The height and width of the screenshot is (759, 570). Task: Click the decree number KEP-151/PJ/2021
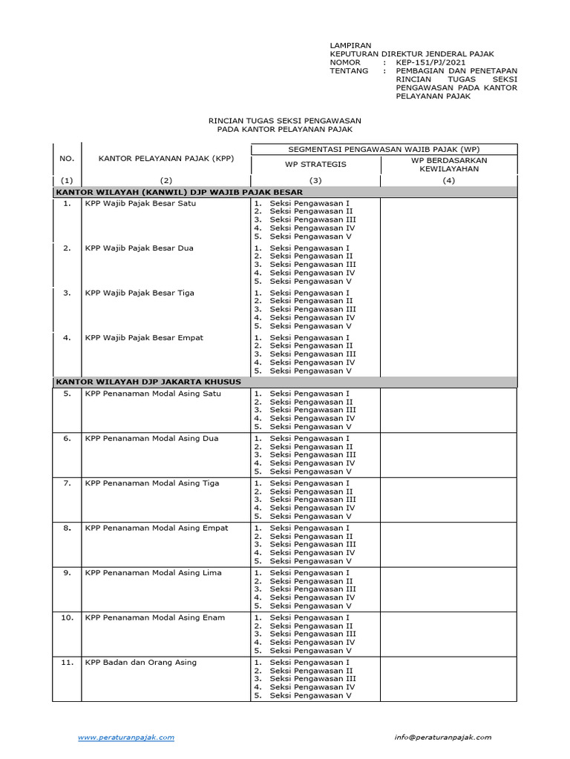tap(427, 63)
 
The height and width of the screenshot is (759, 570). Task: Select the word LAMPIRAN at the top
tap(350, 46)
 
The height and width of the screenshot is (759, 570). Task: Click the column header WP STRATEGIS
tap(316, 164)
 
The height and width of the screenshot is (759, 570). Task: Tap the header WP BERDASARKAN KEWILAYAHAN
tap(448, 164)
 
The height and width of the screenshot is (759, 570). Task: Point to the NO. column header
tap(67, 159)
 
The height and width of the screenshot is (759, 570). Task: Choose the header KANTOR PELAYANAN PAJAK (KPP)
tap(166, 159)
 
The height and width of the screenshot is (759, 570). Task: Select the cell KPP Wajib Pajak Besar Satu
tap(140, 203)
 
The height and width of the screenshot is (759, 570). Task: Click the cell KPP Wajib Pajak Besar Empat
tap(144, 337)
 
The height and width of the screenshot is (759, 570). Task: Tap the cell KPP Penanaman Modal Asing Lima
tap(153, 573)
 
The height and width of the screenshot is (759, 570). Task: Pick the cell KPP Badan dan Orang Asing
tap(141, 662)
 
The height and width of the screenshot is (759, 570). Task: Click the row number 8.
tap(67, 528)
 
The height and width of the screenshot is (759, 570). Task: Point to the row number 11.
tap(67, 662)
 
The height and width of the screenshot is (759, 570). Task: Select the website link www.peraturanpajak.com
tap(126, 737)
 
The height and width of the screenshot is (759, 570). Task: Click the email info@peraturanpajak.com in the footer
tap(442, 737)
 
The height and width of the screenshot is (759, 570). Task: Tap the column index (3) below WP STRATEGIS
tap(316, 181)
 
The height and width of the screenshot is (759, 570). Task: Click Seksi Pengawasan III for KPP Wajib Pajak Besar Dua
tap(312, 265)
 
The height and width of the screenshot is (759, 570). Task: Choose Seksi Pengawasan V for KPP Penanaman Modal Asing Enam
tap(310, 651)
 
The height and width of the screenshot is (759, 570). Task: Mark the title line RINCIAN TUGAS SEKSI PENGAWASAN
tap(285, 120)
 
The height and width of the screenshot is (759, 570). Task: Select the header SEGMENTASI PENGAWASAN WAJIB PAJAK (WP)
tap(384, 149)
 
